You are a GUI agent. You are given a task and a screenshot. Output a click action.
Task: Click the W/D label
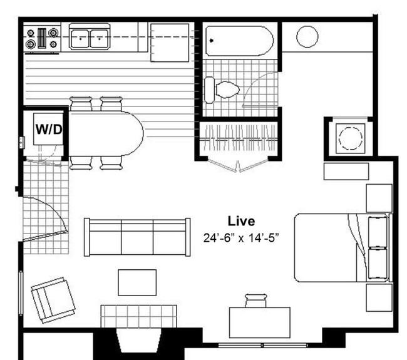click(49, 129)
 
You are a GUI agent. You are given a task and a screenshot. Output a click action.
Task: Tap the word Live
click(241, 221)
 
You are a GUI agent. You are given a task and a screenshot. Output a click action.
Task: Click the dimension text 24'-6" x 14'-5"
click(241, 238)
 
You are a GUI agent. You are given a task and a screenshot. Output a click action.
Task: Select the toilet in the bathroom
click(222, 90)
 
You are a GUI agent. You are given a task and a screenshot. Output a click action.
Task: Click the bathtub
click(239, 41)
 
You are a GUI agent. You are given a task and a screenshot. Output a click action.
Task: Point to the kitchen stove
click(42, 38)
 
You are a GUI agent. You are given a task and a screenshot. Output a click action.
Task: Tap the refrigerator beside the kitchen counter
click(170, 43)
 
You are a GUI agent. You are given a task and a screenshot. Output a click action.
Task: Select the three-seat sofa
click(137, 237)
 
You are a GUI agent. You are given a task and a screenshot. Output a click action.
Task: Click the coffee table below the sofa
click(137, 282)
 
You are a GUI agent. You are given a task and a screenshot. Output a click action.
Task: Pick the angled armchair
click(53, 300)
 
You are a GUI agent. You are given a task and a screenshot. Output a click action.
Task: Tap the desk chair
click(255, 301)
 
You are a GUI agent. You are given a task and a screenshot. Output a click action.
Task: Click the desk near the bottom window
click(260, 322)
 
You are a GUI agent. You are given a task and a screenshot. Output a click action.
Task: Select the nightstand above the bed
click(379, 198)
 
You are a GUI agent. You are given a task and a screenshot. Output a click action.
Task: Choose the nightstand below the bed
click(379, 297)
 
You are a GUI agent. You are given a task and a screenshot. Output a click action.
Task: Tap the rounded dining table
click(106, 133)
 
